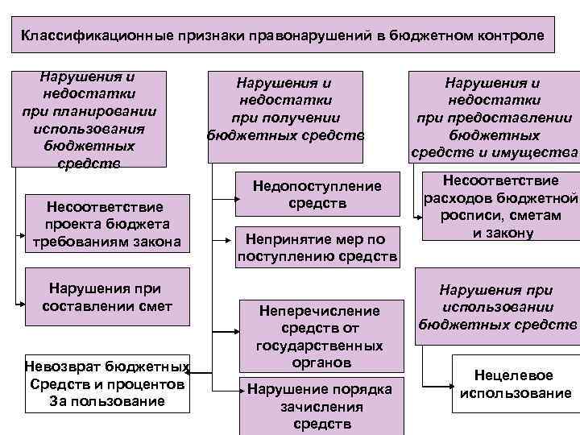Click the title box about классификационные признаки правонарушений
pyautogui.click(x=283, y=37)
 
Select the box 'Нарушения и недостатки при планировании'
pyautogui.click(x=90, y=120)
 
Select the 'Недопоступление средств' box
pyautogui.click(x=317, y=195)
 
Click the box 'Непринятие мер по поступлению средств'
pyautogui.click(x=317, y=248)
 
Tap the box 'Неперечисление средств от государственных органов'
pyautogui.click(x=319, y=336)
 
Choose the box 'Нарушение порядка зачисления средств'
pyautogui.click(x=319, y=405)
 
